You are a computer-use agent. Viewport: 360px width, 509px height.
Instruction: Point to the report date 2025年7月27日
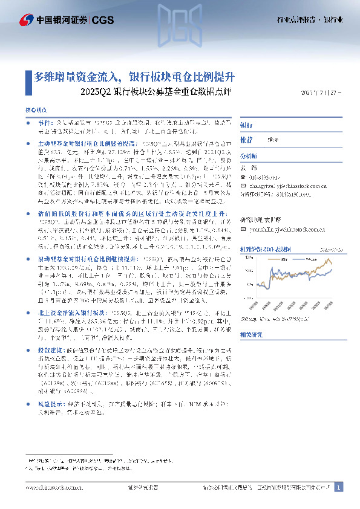click(321, 93)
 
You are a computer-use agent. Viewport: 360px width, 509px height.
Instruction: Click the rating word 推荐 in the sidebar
click(246, 139)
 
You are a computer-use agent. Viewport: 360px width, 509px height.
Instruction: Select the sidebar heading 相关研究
click(250, 332)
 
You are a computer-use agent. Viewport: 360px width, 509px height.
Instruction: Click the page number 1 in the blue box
click(339, 487)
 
